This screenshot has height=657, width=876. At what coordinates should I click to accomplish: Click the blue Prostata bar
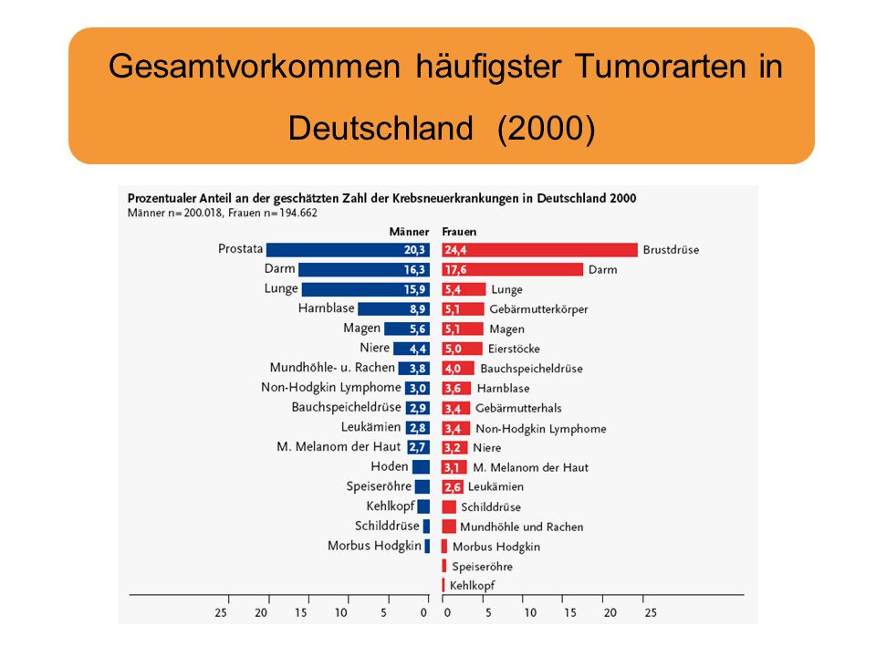click(x=348, y=250)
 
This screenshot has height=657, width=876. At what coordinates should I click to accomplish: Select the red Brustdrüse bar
click(x=539, y=250)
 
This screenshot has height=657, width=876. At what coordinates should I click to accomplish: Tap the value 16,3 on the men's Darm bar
click(x=414, y=270)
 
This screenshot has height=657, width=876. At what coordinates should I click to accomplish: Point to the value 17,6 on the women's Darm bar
click(x=455, y=270)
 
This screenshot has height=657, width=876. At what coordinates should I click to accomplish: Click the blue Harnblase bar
click(x=394, y=309)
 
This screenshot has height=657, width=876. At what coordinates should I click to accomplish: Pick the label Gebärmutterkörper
click(x=538, y=309)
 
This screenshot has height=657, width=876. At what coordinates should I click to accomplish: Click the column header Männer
click(x=409, y=231)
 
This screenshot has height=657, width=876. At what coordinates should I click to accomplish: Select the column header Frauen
click(x=459, y=231)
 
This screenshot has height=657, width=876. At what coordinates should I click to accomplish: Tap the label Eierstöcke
click(x=514, y=349)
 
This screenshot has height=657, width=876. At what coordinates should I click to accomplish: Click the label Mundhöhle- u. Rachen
click(x=332, y=368)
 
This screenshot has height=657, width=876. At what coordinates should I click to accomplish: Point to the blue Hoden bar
click(x=422, y=467)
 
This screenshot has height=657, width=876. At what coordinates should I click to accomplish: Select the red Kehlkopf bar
click(x=443, y=585)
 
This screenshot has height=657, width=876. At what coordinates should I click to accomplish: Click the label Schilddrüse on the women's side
click(x=491, y=506)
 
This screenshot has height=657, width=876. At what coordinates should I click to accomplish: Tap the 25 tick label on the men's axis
click(x=221, y=613)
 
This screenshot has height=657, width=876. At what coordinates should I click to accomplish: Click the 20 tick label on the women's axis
click(x=610, y=613)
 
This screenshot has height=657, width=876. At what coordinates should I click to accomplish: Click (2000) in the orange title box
click(x=547, y=128)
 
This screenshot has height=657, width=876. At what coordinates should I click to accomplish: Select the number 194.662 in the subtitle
click(x=298, y=213)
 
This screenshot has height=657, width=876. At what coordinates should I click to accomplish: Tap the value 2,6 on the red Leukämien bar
click(x=453, y=487)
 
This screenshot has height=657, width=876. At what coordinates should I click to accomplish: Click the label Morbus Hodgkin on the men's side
click(x=374, y=546)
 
